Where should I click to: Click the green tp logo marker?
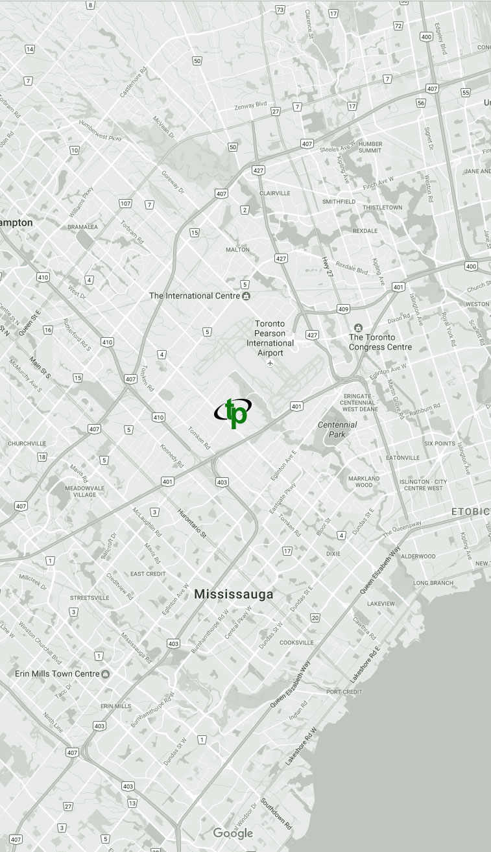(x=233, y=412)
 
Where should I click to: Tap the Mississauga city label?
(x=234, y=594)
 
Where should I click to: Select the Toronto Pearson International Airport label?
(x=274, y=338)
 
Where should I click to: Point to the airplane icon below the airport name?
(x=270, y=362)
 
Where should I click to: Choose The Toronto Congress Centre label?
(x=380, y=342)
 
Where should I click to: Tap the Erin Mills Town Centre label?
(x=57, y=674)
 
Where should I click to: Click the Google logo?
(x=233, y=833)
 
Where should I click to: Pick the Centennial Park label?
(x=337, y=429)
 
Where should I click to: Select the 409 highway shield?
(x=343, y=309)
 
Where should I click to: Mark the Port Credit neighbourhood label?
(x=344, y=692)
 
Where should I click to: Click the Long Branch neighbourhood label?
(x=433, y=583)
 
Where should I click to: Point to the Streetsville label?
(x=89, y=597)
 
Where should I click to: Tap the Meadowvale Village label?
(x=80, y=491)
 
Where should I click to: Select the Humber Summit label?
(x=370, y=147)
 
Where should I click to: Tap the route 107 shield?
(x=125, y=204)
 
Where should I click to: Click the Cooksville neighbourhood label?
(x=296, y=643)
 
